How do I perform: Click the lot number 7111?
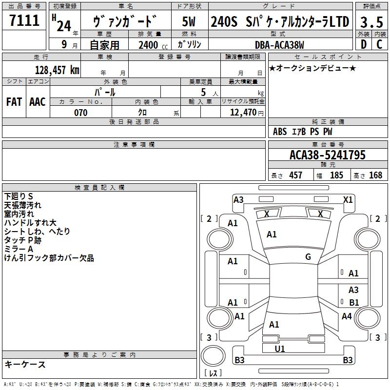coord(24,21)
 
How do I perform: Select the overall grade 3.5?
coord(371,22)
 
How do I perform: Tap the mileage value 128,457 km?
coord(58,70)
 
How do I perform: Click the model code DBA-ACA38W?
coord(279,45)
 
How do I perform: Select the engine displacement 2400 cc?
coord(149,45)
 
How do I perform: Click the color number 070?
coord(80,113)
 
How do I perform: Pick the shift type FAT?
coord(14,102)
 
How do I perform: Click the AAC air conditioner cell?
coord(38,102)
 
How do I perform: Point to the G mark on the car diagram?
coord(308,257)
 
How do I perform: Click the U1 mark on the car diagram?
coord(280,349)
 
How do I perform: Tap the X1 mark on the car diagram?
coord(348,199)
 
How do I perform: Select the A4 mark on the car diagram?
coord(347,316)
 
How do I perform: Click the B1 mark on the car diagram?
coord(354,303)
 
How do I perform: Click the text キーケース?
coord(25,365)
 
